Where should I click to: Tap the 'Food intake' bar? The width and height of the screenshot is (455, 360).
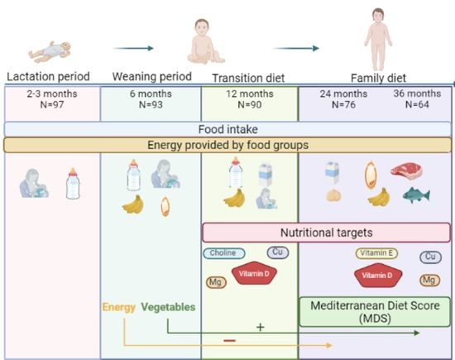tap(227, 128)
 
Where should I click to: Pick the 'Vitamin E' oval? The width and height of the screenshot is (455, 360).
tap(376, 253)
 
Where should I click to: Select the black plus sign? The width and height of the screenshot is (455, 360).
tap(260, 326)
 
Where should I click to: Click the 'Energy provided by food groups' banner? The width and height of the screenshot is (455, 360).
tap(227, 146)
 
